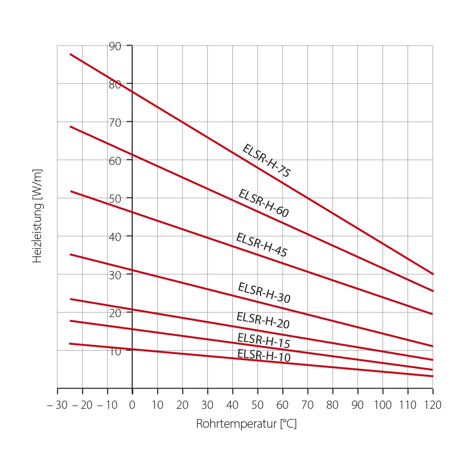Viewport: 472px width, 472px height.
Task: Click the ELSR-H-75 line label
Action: (266, 160)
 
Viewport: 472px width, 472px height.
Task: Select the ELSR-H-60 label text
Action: (264, 203)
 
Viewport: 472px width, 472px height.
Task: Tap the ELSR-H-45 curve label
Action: (262, 245)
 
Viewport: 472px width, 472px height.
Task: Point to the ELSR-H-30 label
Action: (264, 293)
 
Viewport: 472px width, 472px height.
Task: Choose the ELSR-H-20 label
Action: (263, 320)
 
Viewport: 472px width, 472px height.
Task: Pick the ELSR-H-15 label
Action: (264, 340)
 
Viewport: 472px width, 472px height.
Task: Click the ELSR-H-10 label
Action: (264, 355)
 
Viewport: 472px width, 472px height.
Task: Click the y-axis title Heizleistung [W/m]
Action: (37, 216)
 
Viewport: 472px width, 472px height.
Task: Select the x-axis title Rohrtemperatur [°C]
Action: (246, 424)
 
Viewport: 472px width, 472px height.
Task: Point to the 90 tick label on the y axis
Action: (115, 46)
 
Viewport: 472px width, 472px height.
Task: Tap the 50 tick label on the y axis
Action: (115, 199)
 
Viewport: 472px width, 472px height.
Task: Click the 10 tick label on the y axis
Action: (115, 351)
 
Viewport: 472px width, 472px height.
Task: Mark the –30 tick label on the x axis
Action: (57, 405)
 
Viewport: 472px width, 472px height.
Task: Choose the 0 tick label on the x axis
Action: (132, 405)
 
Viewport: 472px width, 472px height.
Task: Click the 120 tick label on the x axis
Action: (432, 405)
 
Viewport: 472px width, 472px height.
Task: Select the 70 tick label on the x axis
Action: (307, 405)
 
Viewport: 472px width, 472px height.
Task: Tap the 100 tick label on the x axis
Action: (383, 405)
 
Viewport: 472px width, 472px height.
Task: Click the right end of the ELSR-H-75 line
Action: (433, 274)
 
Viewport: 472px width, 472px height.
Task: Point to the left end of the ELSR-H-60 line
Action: (70, 126)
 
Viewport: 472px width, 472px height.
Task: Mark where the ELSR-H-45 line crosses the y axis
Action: (132, 212)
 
